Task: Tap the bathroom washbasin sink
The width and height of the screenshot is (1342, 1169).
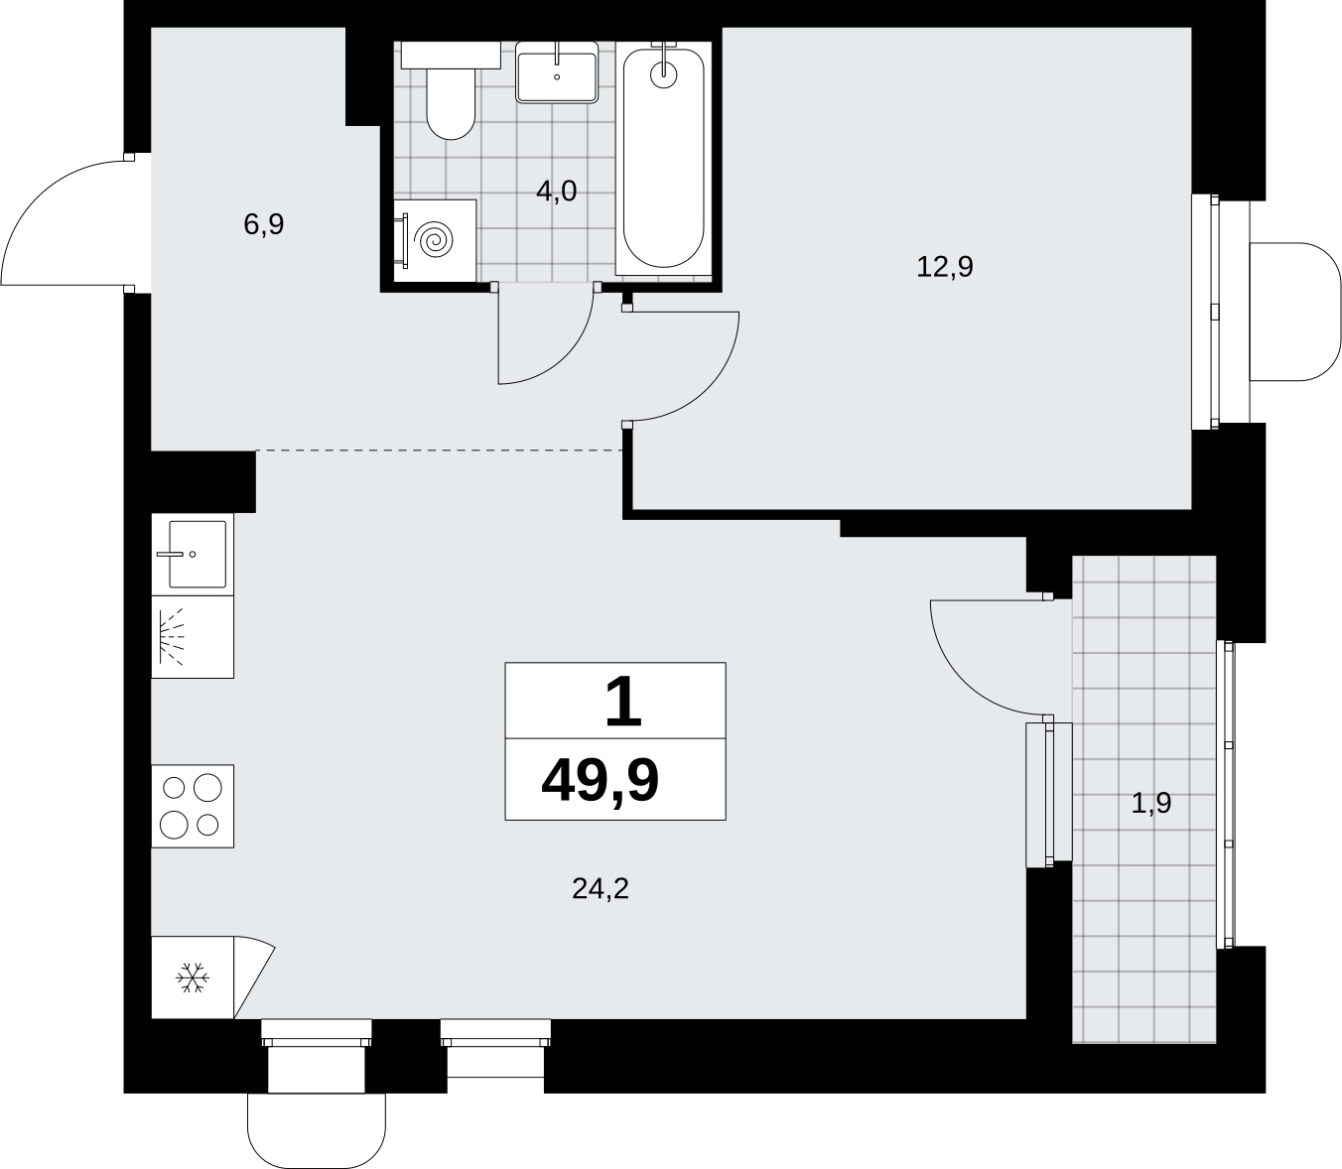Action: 557,72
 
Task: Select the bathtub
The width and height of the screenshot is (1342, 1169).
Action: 663,158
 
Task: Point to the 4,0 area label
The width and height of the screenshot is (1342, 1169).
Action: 556,192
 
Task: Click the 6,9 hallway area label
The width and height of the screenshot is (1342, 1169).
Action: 264,224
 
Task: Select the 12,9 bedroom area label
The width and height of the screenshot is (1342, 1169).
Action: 945,267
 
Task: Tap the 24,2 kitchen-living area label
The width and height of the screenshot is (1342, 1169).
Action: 601,889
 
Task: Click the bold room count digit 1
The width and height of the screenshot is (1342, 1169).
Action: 623,701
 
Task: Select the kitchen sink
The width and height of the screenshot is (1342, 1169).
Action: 193,554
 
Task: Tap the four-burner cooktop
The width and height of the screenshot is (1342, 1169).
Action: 193,806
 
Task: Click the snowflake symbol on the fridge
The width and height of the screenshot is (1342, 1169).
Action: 193,976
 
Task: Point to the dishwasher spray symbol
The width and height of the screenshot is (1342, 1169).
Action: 172,636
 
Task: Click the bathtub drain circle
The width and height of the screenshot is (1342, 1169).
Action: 664,74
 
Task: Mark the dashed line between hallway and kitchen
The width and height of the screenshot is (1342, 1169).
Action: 439,450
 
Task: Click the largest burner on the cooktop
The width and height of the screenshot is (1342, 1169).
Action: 207,787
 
